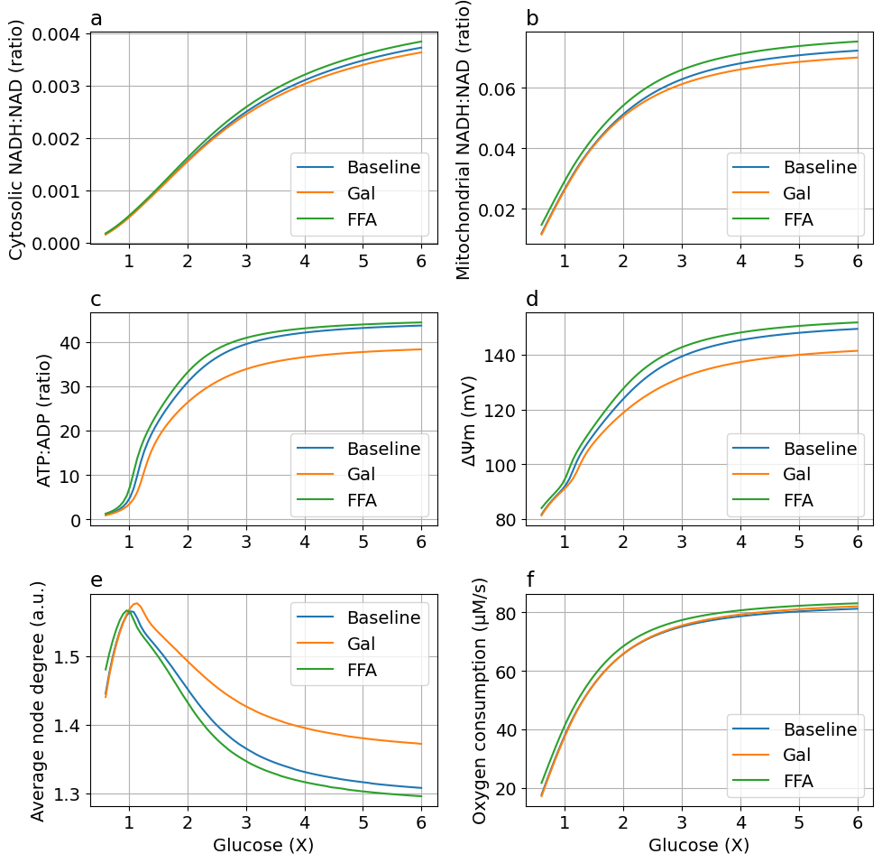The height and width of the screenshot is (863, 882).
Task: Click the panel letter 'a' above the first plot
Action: coord(96,18)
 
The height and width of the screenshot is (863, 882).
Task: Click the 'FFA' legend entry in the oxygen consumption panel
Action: coord(797,781)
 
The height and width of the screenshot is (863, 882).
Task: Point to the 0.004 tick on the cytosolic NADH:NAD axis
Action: coord(56,34)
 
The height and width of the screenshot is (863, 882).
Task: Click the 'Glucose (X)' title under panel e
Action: coord(263,846)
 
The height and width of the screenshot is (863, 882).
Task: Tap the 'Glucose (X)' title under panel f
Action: coord(699,846)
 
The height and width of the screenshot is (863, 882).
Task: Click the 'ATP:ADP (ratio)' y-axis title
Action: coord(44,420)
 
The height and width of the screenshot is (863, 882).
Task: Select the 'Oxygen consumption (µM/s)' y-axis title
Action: coord(480,701)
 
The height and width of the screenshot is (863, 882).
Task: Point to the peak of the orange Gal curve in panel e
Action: coord(136,603)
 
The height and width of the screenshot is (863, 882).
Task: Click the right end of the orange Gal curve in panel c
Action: coord(421,349)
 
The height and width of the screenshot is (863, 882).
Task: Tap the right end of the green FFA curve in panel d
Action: coord(857,322)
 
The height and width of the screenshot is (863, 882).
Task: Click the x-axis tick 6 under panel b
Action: coord(858,262)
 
